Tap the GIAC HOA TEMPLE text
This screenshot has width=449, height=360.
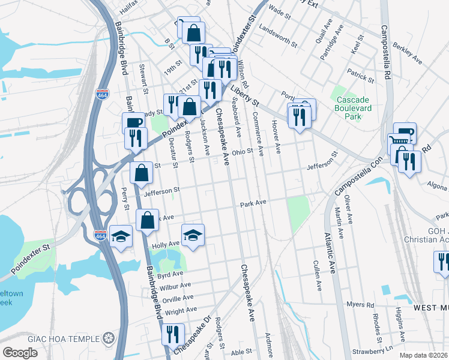(66, 338)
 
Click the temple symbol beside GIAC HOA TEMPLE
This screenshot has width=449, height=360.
(108, 338)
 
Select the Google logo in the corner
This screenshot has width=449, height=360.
(20, 352)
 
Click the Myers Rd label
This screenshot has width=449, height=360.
(362, 305)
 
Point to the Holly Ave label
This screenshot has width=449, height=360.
(166, 244)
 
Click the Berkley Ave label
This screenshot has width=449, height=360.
(407, 53)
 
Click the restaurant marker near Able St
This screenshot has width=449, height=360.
(173, 334)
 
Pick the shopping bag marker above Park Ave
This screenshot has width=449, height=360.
(148, 220)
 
